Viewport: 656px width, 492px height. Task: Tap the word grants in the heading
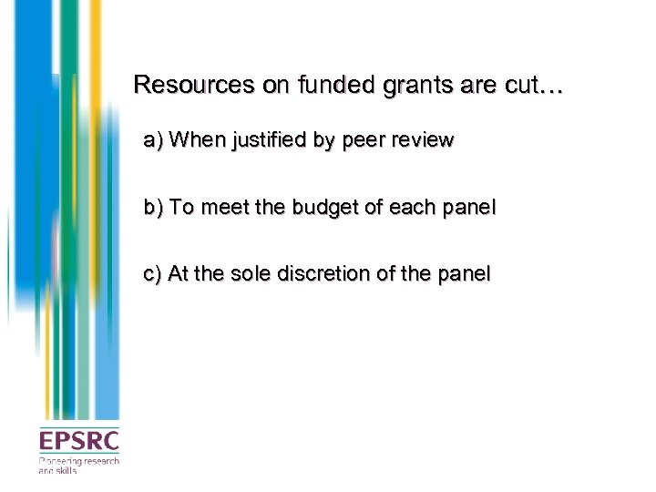[x=392, y=87]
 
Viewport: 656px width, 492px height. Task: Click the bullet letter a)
[x=153, y=140]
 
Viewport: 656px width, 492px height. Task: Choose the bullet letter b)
[x=153, y=207]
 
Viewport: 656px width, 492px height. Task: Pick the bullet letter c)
[x=153, y=272]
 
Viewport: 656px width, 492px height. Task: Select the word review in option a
[x=424, y=140]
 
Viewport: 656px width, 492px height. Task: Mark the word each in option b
[x=412, y=207]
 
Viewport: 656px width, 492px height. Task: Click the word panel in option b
[x=468, y=207]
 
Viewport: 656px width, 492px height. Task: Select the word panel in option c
[x=462, y=272]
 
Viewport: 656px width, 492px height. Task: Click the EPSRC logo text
[x=78, y=441]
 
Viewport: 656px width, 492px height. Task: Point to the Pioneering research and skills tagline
[x=78, y=465]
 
